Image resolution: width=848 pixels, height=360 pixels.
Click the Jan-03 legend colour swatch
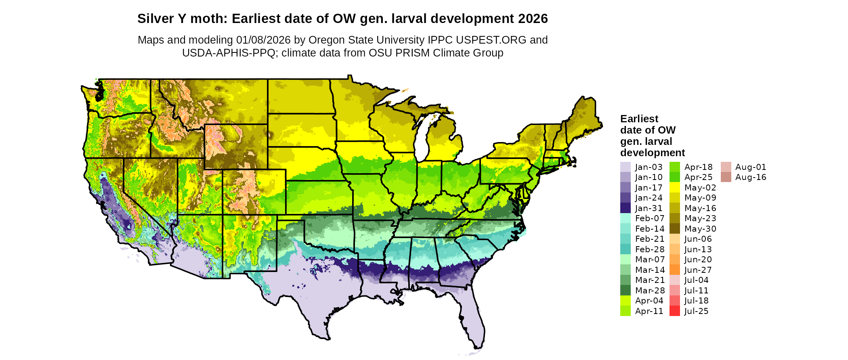625,167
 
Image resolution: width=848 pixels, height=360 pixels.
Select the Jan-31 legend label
649,208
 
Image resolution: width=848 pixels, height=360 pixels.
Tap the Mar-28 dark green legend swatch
625,291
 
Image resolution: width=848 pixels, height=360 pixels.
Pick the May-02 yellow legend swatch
674,188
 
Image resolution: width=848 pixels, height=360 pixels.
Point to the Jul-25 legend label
696,311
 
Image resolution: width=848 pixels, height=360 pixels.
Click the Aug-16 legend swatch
726,177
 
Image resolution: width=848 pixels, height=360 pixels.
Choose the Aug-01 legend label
750,167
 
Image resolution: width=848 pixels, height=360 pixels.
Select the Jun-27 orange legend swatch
674,270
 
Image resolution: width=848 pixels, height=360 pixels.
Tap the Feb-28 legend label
649,249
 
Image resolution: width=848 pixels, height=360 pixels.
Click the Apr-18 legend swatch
674,167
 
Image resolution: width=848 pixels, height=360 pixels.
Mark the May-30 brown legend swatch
674,229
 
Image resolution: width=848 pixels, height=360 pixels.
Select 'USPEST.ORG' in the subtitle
491,40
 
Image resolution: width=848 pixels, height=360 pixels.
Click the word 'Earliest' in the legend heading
639,119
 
